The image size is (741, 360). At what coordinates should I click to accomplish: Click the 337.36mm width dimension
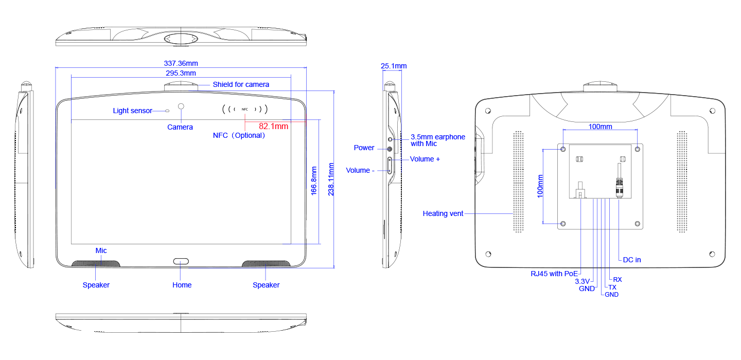coord(181,63)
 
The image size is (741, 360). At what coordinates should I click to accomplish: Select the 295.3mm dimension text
coord(181,73)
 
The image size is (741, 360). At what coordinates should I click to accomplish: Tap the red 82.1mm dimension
coord(273,125)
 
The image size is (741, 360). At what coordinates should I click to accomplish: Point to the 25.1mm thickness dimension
coord(394,66)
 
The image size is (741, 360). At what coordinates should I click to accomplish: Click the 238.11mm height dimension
coord(331,179)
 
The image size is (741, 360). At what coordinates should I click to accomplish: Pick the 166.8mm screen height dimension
coord(313,180)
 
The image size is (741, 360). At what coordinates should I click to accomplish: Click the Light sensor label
coord(133,111)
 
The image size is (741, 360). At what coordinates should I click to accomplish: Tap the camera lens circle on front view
coord(181,106)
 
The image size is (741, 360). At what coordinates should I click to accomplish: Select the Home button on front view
coord(181,261)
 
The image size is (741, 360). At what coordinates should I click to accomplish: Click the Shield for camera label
coord(241,84)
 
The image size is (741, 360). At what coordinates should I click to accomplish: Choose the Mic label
coord(101,250)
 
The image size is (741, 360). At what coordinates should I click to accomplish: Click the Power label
coord(364,148)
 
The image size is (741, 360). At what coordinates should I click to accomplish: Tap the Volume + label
coord(425,159)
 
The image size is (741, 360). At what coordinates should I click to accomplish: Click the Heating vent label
coord(443,213)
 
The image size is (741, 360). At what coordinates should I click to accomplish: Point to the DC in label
coord(632,260)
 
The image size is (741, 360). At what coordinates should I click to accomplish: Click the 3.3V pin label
coord(582,281)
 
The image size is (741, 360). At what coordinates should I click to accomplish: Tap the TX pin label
coord(612,287)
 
